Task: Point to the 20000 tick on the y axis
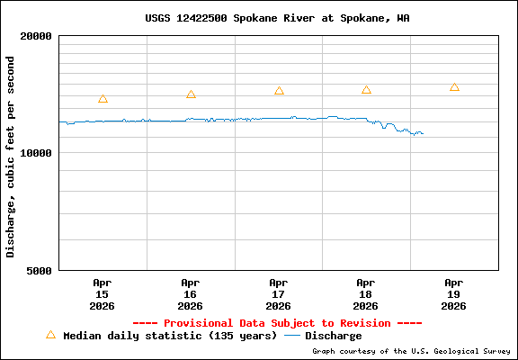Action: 39,36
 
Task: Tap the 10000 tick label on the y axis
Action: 39,153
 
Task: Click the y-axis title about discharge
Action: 11,156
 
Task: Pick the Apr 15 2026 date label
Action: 102,293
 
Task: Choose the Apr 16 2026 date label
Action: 190,293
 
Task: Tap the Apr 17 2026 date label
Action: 278,293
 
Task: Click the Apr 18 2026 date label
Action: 366,293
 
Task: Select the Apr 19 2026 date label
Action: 454,293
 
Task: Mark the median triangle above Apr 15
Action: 103,99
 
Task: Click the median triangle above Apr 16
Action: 191,94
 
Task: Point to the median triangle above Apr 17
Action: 279,91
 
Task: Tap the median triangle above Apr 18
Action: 366,90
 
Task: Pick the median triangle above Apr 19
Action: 454,87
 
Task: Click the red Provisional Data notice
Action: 277,323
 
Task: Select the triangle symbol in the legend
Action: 50,335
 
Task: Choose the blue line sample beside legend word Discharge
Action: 291,336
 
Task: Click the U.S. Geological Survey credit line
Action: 411,352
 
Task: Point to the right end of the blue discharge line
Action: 423,134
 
